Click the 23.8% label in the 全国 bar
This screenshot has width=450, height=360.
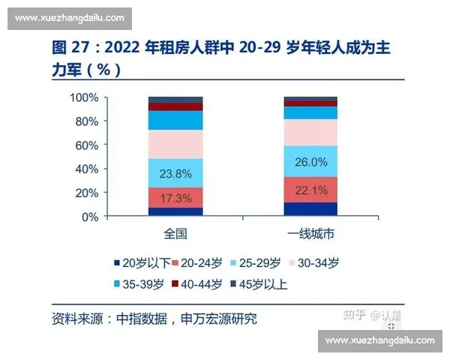click(175, 174)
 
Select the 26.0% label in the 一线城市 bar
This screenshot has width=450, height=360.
click(311, 162)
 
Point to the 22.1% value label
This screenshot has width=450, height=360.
click(311, 191)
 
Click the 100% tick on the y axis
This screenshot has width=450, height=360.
click(83, 97)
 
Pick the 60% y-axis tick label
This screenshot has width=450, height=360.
click(86, 145)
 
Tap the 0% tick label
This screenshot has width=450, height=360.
click(89, 217)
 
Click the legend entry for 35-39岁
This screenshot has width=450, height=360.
click(142, 285)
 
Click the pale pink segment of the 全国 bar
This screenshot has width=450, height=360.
click(175, 144)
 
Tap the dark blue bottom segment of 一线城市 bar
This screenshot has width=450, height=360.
click(311, 209)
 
